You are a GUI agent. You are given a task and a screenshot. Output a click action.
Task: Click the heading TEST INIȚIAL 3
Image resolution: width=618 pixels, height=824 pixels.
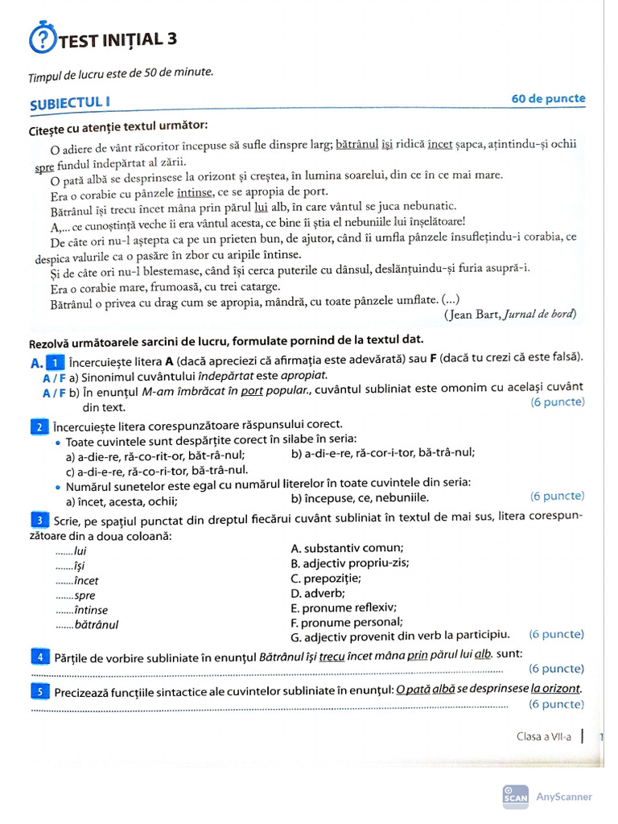(x=117, y=40)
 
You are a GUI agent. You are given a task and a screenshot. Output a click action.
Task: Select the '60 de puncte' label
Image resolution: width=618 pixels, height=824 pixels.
(x=548, y=99)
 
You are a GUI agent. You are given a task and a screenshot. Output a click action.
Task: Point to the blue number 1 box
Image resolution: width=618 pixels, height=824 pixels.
(x=55, y=362)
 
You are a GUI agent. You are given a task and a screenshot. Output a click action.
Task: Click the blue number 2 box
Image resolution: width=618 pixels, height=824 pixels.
(x=39, y=426)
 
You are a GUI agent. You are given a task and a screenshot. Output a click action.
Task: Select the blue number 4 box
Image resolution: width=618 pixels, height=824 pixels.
(x=39, y=657)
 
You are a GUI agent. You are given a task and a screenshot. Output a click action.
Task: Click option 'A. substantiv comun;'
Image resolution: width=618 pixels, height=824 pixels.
(x=347, y=549)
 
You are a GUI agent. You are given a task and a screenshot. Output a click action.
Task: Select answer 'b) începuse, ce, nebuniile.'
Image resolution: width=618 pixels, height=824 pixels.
(x=360, y=498)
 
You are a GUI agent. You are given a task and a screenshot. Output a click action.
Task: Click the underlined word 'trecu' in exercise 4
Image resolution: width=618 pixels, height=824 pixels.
(x=332, y=656)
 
